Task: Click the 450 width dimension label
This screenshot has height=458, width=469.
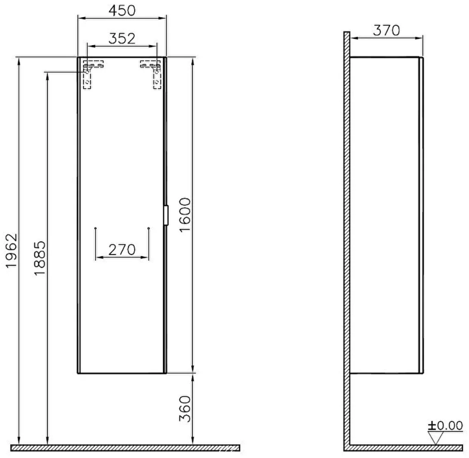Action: pyautogui.click(x=122, y=11)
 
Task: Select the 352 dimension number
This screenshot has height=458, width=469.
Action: pyautogui.click(x=122, y=39)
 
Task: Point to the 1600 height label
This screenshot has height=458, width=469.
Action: pyautogui.click(x=185, y=215)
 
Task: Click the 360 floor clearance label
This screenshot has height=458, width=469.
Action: pyautogui.click(x=185, y=409)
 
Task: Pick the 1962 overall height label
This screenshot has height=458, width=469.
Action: pyautogui.click(x=12, y=251)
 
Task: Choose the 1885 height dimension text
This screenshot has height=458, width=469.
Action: pyautogui.click(x=40, y=258)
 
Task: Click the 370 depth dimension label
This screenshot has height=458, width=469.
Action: pyautogui.click(x=386, y=30)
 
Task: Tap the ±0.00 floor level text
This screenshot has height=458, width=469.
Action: pyautogui.click(x=445, y=426)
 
